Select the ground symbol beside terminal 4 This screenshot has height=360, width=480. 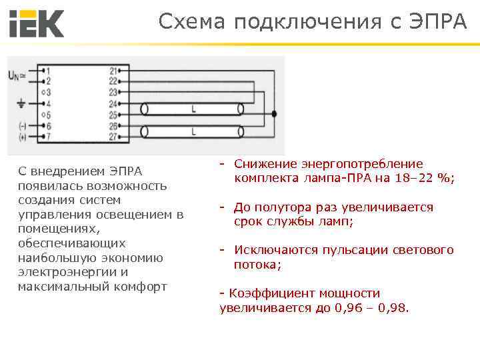click(21, 103)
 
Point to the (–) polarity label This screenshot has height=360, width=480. click(23, 126)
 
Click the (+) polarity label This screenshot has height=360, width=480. click(23, 137)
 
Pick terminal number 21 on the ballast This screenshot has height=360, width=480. click(113, 70)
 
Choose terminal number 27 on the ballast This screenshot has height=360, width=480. click(113, 137)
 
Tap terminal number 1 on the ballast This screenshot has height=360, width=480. click(47, 70)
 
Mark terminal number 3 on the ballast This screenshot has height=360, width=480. click(47, 92)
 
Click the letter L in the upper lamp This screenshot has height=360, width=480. click(193, 108)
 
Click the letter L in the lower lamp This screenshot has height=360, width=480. click(193, 131)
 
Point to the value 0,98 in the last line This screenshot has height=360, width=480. click(395, 308)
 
